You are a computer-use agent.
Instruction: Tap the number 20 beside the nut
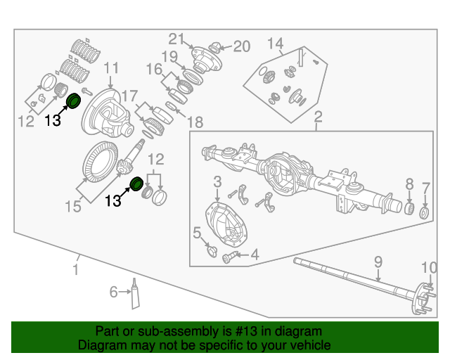241,46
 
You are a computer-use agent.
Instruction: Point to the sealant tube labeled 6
135,296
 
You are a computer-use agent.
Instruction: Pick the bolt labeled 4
229,257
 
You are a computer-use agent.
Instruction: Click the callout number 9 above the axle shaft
378,262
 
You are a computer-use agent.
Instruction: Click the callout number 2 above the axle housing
318,117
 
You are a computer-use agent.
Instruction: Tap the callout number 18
195,121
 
